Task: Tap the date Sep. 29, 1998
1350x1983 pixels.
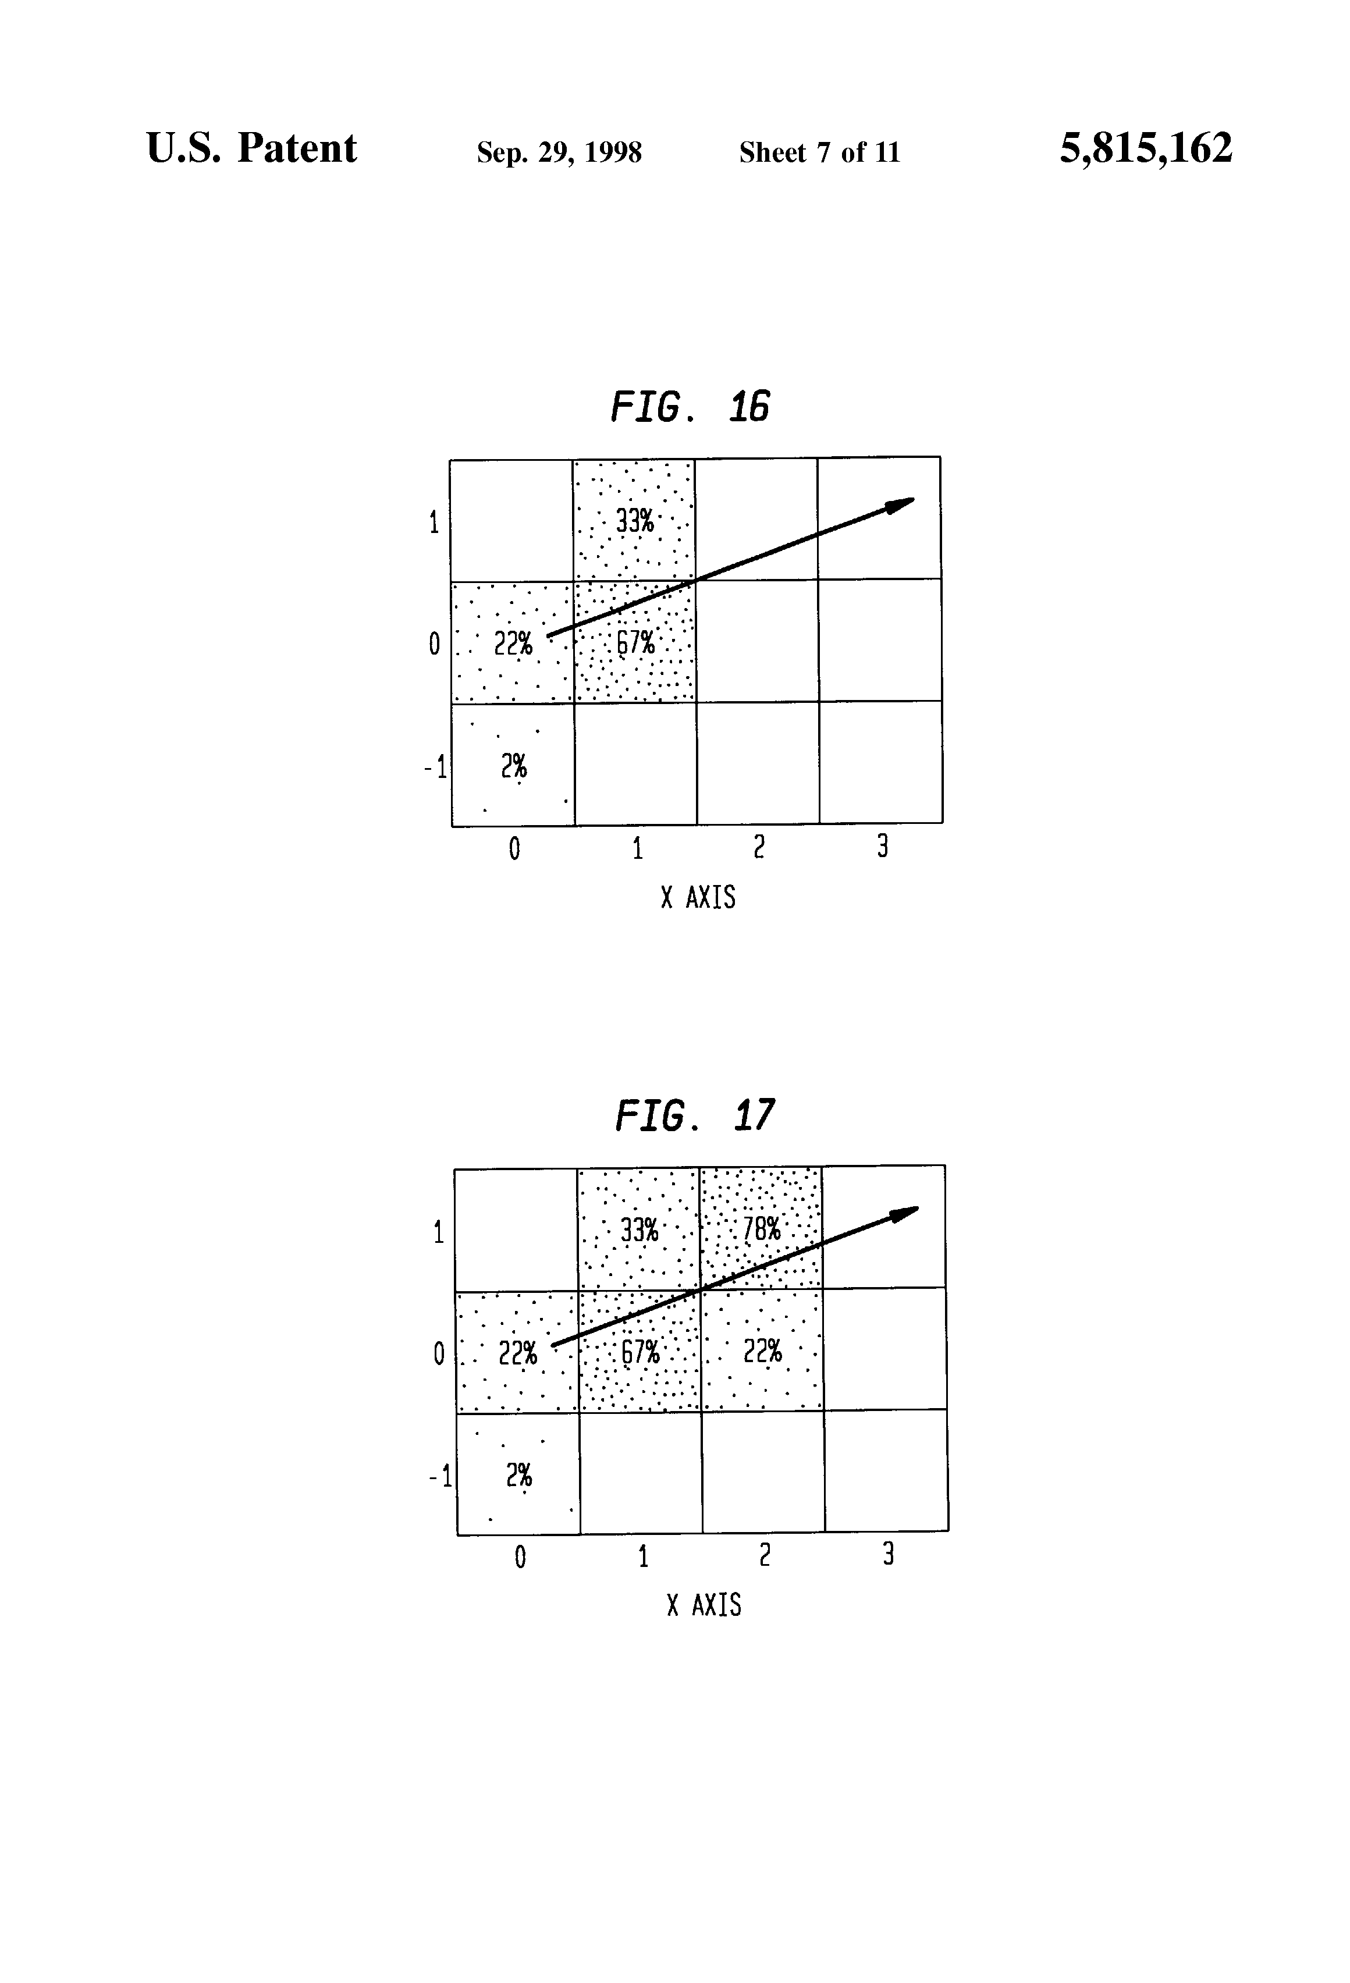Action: pyautogui.click(x=559, y=152)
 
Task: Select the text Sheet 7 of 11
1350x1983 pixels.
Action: pyautogui.click(x=819, y=152)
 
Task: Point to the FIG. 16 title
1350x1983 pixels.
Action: pyautogui.click(x=690, y=407)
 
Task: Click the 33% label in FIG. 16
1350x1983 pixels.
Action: pyautogui.click(x=635, y=521)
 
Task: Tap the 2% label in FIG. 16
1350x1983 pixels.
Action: pyautogui.click(x=514, y=766)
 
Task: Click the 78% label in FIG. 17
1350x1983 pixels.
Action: pyautogui.click(x=761, y=1229)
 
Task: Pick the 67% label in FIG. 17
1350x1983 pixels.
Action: pyautogui.click(x=640, y=1352)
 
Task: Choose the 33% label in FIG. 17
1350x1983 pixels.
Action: pyautogui.click(x=639, y=1231)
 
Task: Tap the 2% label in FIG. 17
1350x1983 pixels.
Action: pyautogui.click(x=519, y=1475)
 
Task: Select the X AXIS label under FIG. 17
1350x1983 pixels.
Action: pyautogui.click(x=703, y=1606)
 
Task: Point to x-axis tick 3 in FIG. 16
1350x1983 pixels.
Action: pyautogui.click(x=882, y=847)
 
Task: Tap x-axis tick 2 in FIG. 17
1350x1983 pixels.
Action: pyautogui.click(x=765, y=1555)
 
